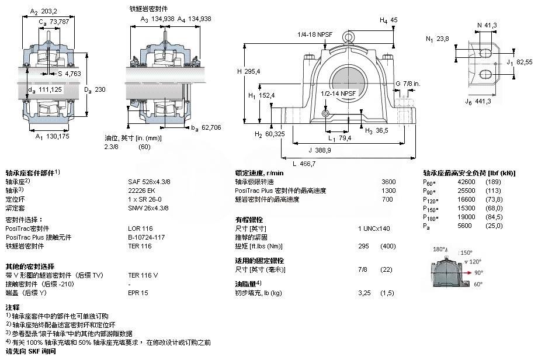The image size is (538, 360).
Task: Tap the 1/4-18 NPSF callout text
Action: (x=315, y=34)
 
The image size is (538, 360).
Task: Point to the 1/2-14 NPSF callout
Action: (x=338, y=93)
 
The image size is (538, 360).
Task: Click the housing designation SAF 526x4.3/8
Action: (x=149, y=182)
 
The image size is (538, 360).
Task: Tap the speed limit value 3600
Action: (x=388, y=182)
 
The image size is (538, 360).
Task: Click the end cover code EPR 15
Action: (x=138, y=291)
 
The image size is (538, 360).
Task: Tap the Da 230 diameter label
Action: (x=94, y=89)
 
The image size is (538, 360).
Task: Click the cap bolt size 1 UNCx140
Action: (x=374, y=229)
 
